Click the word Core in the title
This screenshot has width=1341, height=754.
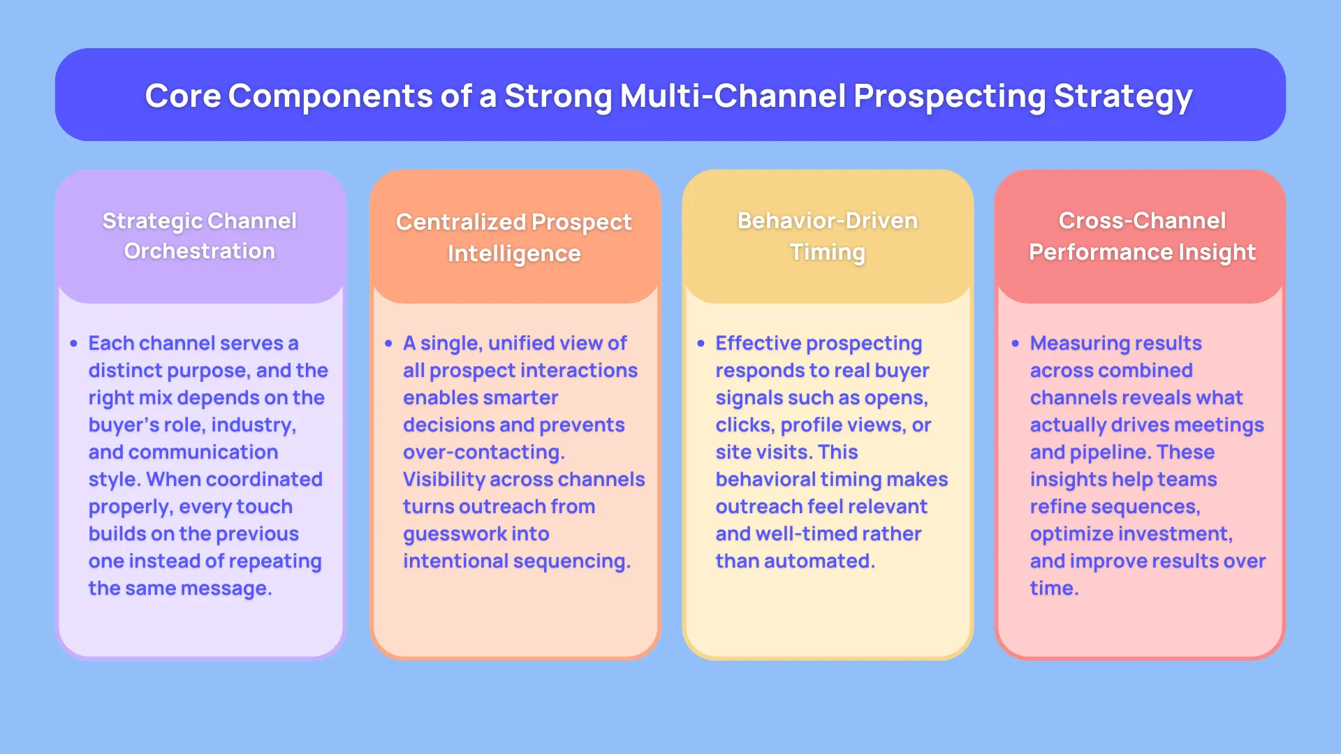[182, 96]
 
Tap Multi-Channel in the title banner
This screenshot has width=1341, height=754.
[732, 96]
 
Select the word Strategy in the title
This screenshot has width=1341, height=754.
[1122, 97]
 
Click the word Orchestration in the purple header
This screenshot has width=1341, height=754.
[200, 251]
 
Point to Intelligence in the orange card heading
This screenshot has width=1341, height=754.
[514, 253]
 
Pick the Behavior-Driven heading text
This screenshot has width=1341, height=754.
[828, 221]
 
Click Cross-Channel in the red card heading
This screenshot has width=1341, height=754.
[1142, 221]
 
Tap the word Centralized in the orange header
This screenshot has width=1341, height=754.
[460, 222]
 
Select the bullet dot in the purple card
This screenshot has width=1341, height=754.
[73, 343]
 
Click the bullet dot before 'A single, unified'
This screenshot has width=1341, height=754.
[388, 343]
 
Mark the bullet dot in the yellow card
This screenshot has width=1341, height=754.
[701, 343]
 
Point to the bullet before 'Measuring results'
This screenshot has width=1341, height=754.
[1016, 343]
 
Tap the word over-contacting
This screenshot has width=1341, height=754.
[483, 452]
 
